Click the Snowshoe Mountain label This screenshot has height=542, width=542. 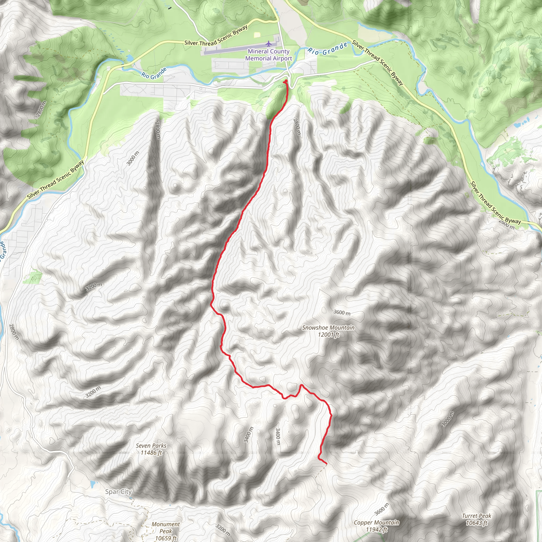point(328,331)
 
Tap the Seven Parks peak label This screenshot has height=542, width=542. point(151,449)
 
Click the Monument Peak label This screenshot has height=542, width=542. point(165,531)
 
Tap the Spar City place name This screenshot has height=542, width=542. point(118,491)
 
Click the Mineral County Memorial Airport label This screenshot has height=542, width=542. point(268,55)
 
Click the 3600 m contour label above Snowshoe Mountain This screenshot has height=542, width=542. point(342,312)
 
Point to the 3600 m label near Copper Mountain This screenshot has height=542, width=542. point(382,509)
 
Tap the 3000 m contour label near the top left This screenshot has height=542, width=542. point(133,159)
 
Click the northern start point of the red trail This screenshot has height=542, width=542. point(286,81)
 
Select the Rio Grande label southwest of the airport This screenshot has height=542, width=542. point(154,74)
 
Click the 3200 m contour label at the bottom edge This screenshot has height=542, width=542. point(223,530)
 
